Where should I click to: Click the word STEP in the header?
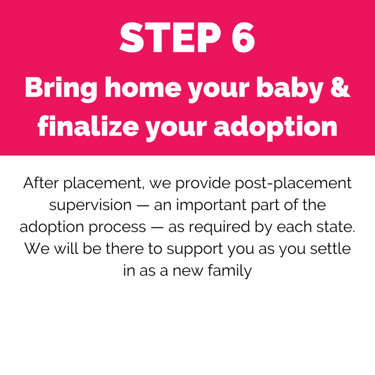click(x=170, y=38)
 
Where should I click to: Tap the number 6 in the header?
click(x=243, y=38)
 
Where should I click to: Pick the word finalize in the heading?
click(x=88, y=126)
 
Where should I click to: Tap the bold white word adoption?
click(x=275, y=128)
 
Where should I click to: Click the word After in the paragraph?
click(x=41, y=183)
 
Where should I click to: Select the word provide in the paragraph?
click(x=203, y=184)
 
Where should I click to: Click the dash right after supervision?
click(x=143, y=206)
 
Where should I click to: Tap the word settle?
click(x=330, y=249)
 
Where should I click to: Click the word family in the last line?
click(x=230, y=271)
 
